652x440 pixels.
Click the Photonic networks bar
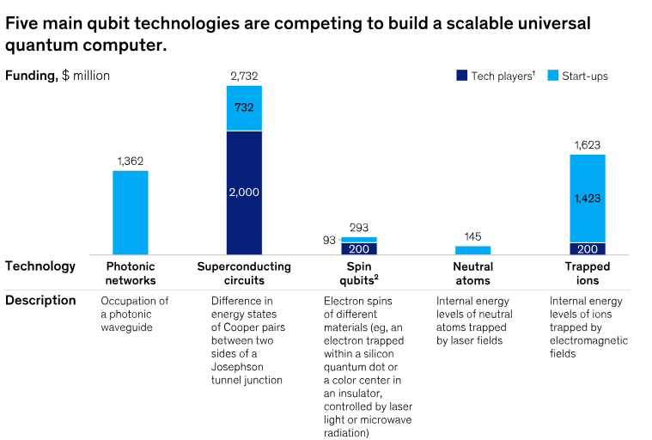point(131,212)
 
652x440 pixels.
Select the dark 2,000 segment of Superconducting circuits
point(244,192)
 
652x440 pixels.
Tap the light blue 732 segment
point(244,108)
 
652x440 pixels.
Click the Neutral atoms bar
point(472,250)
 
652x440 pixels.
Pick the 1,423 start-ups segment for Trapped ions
point(588,199)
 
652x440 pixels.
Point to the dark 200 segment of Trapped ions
point(588,248)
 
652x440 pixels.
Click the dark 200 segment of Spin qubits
point(358,248)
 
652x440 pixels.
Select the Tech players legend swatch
point(461,76)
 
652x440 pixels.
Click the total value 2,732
point(244,76)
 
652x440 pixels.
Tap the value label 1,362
point(131,161)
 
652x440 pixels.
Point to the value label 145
point(472,236)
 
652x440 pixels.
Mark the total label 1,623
point(588,145)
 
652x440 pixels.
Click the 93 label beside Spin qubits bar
point(329,240)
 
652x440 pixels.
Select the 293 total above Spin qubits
point(358,229)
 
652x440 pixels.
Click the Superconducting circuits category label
point(244,273)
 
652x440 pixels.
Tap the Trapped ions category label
point(588,273)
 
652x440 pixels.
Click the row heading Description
point(40,301)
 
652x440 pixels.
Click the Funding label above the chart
point(32,76)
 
